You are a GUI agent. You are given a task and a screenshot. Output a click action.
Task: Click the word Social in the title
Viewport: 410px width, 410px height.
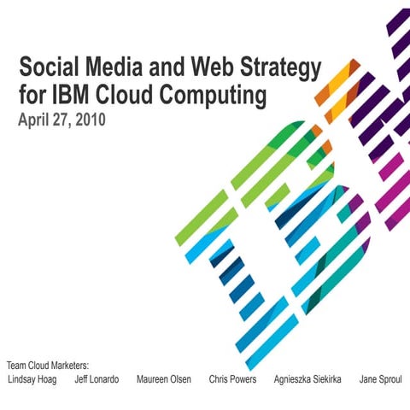coord(47,67)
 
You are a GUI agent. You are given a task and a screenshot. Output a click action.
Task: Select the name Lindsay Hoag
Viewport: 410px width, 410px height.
coord(32,379)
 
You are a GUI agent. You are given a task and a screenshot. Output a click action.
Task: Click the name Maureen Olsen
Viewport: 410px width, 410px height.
coord(164,379)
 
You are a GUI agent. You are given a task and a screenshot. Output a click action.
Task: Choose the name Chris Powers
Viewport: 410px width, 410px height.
coord(232,379)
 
